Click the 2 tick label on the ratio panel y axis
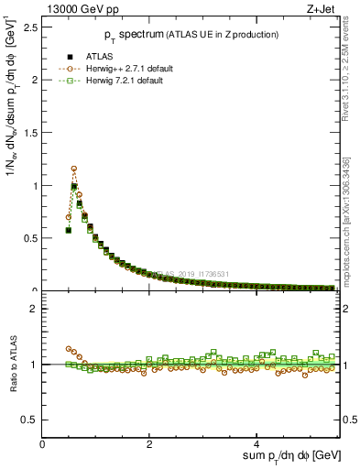pos(33,309)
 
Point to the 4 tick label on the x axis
pos(257,444)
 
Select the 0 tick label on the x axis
pos(43,444)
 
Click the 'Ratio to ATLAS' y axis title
pos(12,364)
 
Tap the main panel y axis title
pos(12,156)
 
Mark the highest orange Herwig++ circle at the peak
pos(74,169)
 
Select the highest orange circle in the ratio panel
pos(69,349)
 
